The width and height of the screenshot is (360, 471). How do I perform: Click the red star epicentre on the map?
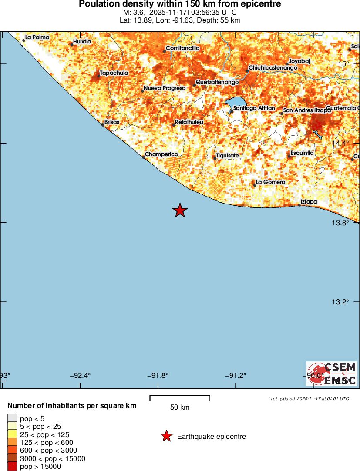[x=180, y=210]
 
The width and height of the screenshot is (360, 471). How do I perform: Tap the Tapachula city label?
[x=114, y=73]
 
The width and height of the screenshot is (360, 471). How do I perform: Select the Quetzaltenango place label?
[x=217, y=82]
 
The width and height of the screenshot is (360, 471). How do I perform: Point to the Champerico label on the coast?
[x=161, y=154]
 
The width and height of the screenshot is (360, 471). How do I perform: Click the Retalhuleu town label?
[x=189, y=122]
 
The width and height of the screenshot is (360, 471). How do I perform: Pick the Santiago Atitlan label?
[x=254, y=108]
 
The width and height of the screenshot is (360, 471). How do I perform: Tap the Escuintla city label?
[x=302, y=153]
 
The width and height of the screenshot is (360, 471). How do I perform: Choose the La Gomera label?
[x=270, y=182]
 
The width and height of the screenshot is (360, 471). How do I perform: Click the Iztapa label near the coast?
[x=309, y=202]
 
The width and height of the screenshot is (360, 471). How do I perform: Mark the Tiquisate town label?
[x=228, y=156]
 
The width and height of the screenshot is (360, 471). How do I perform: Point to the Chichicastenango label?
[x=273, y=68]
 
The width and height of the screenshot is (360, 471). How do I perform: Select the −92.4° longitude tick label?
[x=81, y=376]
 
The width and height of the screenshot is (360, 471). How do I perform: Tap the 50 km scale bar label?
[x=180, y=408]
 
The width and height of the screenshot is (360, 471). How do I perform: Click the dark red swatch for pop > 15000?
[x=12, y=467]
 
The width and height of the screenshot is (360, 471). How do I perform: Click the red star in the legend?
[x=166, y=436]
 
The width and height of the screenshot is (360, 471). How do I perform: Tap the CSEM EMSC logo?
[x=332, y=374]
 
